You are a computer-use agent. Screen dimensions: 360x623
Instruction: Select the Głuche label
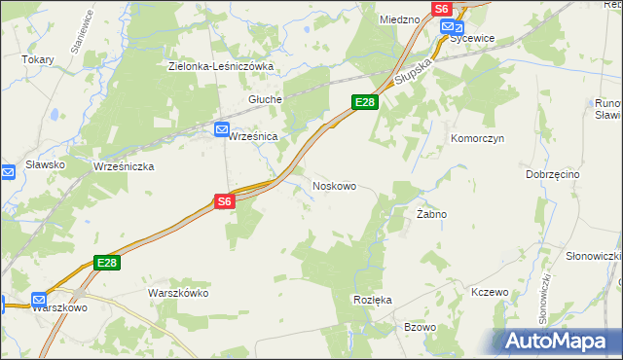coord(265,99)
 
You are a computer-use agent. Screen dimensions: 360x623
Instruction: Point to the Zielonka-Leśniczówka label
coord(221,66)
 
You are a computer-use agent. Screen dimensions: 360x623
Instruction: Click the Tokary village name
coord(38,58)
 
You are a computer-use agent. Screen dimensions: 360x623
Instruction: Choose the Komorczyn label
coord(476,139)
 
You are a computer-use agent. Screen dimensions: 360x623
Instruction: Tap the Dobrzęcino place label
coord(552,174)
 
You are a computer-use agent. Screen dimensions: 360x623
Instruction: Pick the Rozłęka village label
coord(373,300)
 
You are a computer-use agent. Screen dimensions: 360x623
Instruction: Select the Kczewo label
coord(489,293)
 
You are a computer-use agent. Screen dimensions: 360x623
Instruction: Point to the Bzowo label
coord(420,327)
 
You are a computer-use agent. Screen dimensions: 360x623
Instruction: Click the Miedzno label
coord(399,18)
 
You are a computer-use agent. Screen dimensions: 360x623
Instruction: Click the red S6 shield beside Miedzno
coord(442,8)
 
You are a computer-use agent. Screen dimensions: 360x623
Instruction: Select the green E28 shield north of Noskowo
coord(364,102)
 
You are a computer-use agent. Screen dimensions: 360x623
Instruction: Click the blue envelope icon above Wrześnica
coord(222,128)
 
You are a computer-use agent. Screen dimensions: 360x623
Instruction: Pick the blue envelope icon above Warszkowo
coord(40,301)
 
